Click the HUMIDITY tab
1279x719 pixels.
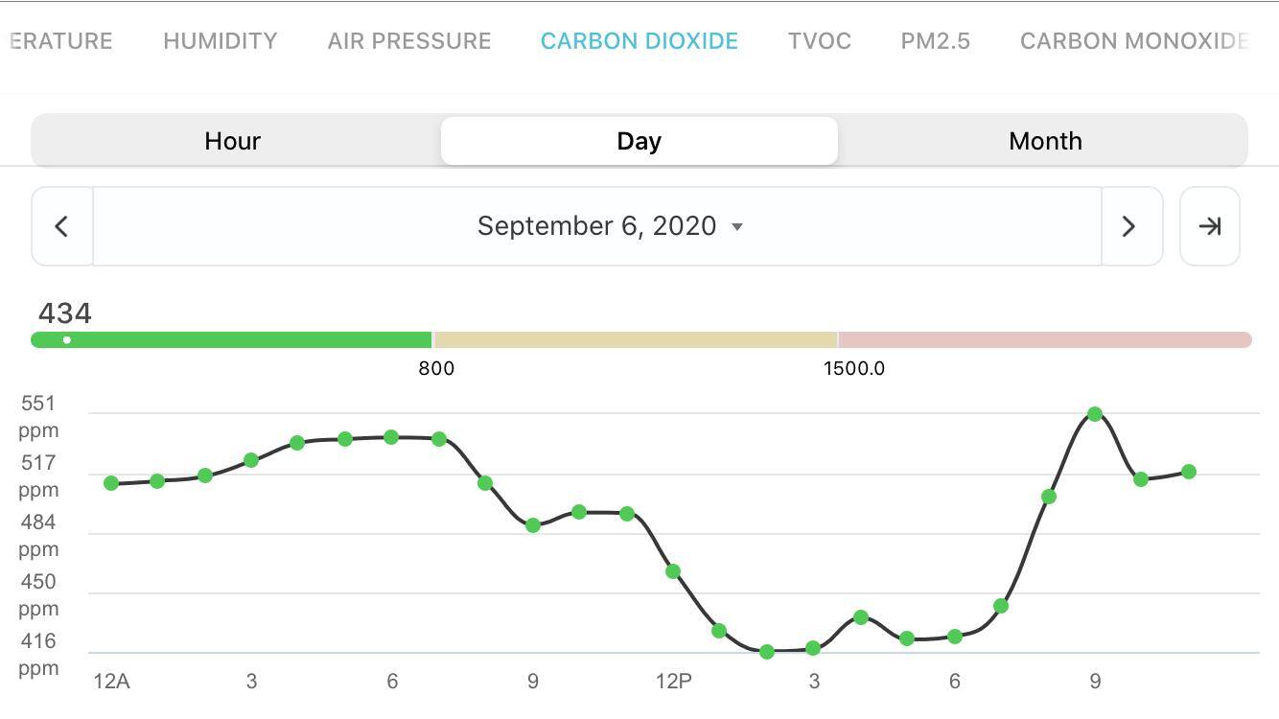point(220,41)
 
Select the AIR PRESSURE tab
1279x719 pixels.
point(409,41)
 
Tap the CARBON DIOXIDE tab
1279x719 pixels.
point(639,41)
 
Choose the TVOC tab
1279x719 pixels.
point(819,41)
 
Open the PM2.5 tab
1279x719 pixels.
point(935,41)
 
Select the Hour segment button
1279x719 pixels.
point(233,141)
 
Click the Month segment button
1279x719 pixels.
point(1045,141)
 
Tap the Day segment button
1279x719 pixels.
point(639,141)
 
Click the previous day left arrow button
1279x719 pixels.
point(61,226)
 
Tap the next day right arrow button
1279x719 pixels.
point(1129,226)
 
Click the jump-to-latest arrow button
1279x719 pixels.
point(1209,226)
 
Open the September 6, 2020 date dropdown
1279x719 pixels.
point(609,226)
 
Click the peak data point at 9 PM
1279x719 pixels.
point(1095,414)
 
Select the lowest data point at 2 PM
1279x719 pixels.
point(767,652)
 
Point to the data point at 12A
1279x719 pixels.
point(111,483)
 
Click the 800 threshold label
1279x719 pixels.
point(436,369)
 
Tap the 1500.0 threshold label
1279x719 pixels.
point(853,369)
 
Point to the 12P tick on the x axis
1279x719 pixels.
point(673,682)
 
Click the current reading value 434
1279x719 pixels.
point(65,313)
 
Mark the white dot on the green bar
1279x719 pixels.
point(66,340)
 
